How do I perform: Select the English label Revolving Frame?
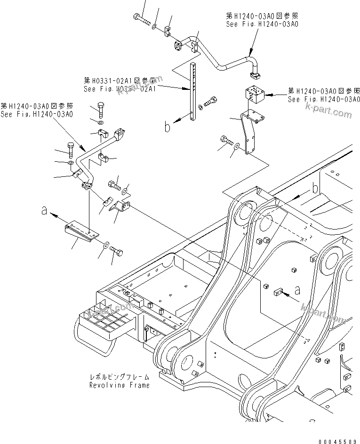(120, 385)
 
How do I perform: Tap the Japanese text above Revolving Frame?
(120, 377)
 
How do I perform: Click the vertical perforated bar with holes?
(193, 91)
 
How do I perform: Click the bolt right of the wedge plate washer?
(117, 253)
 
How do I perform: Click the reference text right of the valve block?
(324, 95)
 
